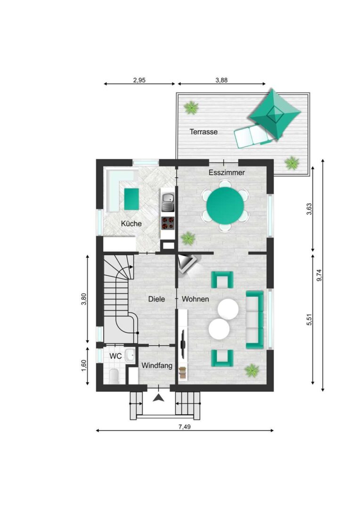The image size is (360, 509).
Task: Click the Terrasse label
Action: [x=204, y=132]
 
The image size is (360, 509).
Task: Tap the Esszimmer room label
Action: [x=227, y=172]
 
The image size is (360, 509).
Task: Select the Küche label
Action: [x=131, y=223]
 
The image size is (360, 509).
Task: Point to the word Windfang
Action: [x=157, y=366]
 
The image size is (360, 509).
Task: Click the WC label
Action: [x=115, y=356]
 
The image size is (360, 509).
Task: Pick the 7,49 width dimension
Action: [x=184, y=427]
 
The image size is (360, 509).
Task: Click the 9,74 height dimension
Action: [x=319, y=275]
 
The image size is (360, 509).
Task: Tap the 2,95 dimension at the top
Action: [x=139, y=80]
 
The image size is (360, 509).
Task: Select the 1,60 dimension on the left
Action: [x=84, y=366]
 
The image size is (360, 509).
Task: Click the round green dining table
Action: [x=225, y=205]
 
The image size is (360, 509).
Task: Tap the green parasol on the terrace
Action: [x=275, y=115]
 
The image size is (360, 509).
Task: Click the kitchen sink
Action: [x=168, y=201]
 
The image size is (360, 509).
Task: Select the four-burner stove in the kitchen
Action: [x=168, y=222]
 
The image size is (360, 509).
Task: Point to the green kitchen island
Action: [x=131, y=199]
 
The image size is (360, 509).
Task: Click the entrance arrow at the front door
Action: [x=158, y=398]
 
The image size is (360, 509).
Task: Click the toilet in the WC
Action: [x=114, y=376]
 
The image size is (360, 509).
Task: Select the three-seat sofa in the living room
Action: [x=255, y=320]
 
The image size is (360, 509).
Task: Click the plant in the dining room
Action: [x=188, y=238]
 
